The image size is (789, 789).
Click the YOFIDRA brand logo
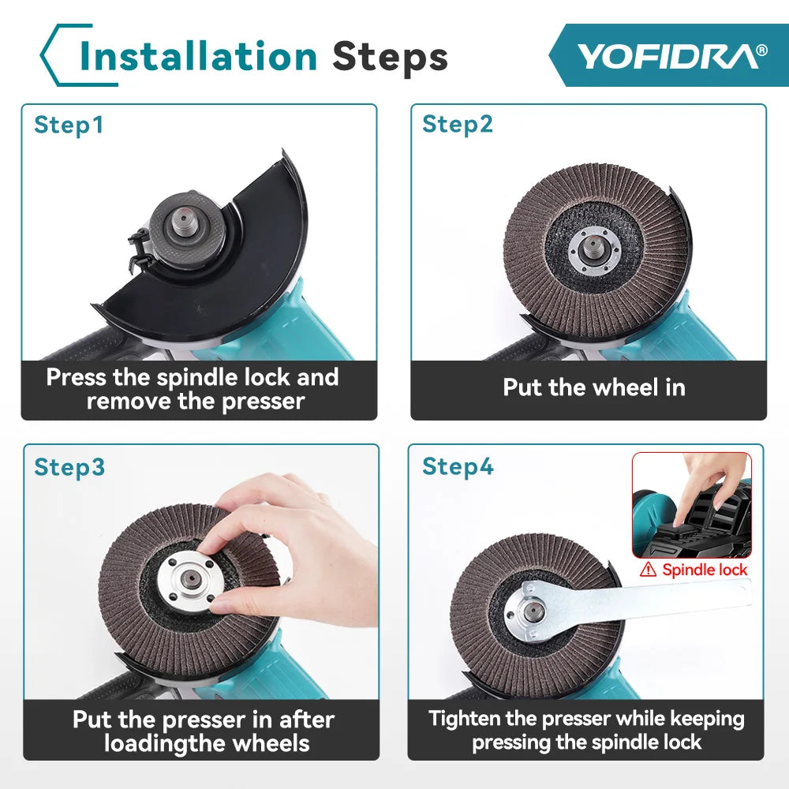671,56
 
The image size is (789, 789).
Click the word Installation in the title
199,57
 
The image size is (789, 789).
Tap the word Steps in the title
390,57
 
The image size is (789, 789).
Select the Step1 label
69,125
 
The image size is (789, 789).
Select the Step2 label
458,125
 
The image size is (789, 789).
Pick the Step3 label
69,467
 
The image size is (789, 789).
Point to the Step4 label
458,467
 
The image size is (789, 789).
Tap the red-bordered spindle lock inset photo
691,505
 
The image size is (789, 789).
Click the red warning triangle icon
649,569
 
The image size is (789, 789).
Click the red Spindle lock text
705,569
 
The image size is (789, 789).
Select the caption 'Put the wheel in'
593,387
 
